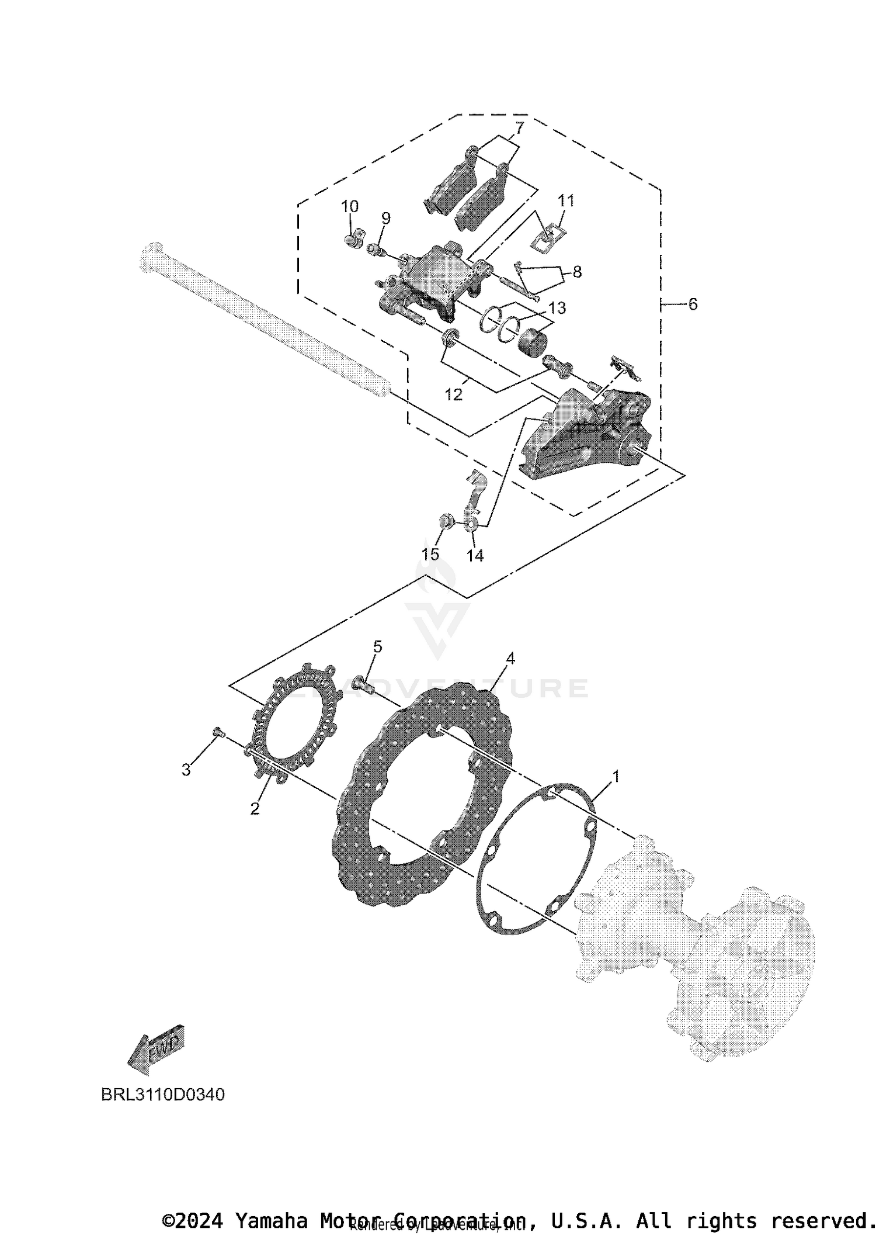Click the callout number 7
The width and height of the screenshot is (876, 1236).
click(519, 127)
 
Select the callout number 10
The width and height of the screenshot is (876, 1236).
click(350, 206)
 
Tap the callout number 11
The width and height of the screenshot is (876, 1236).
click(566, 200)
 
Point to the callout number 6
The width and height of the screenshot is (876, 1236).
click(693, 304)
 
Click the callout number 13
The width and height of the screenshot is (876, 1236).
click(557, 308)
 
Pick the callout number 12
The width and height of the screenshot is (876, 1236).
click(453, 394)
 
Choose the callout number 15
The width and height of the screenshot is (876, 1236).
click(430, 554)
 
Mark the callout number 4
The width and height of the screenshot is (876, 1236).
click(510, 658)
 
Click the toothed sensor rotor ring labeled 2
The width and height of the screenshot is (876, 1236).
click(295, 725)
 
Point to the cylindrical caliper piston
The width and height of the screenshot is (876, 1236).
click(532, 341)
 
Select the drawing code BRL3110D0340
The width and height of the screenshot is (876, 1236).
click(162, 1095)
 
